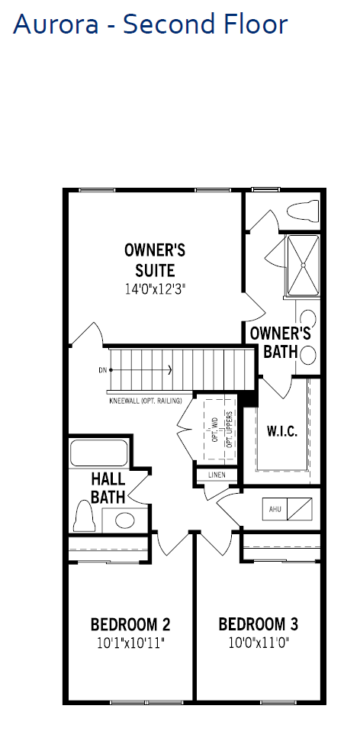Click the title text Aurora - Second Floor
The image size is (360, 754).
click(150, 24)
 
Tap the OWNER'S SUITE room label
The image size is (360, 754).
click(155, 260)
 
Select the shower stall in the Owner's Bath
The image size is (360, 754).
click(304, 265)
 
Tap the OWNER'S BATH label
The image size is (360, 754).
click(281, 343)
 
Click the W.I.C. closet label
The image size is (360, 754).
click(282, 430)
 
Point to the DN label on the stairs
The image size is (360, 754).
click(102, 370)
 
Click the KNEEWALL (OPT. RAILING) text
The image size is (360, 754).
click(146, 401)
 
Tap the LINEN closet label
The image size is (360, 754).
click(217, 475)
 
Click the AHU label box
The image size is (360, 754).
click(275, 509)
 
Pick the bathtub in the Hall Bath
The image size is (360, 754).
click(98, 453)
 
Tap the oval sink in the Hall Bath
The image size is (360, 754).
click(125, 520)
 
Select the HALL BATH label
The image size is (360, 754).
click(108, 488)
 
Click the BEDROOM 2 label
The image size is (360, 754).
click(130, 625)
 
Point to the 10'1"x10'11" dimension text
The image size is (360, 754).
click(130, 643)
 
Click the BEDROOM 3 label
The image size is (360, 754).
click(259, 624)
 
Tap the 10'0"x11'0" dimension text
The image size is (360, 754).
click(259, 643)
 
